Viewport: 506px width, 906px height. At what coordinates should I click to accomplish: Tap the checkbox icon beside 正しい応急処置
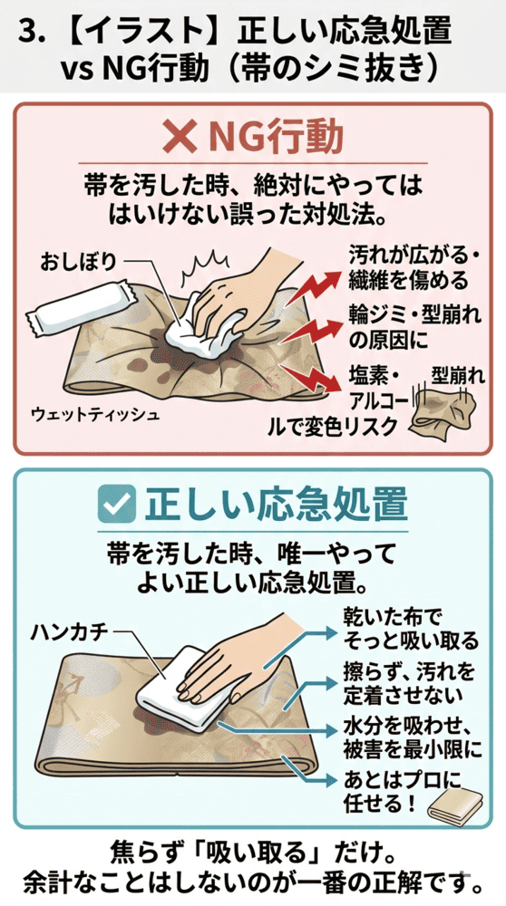tap(120, 504)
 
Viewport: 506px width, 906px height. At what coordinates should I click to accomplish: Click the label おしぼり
tap(78, 262)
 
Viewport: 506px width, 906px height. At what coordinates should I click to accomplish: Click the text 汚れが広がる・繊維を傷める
tap(413, 265)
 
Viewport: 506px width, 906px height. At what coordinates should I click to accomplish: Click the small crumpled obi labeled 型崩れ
tap(444, 412)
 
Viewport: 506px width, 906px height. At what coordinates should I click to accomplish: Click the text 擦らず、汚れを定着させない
tap(404, 684)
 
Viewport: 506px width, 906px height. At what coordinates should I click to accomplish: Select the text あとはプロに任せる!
tap(381, 790)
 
